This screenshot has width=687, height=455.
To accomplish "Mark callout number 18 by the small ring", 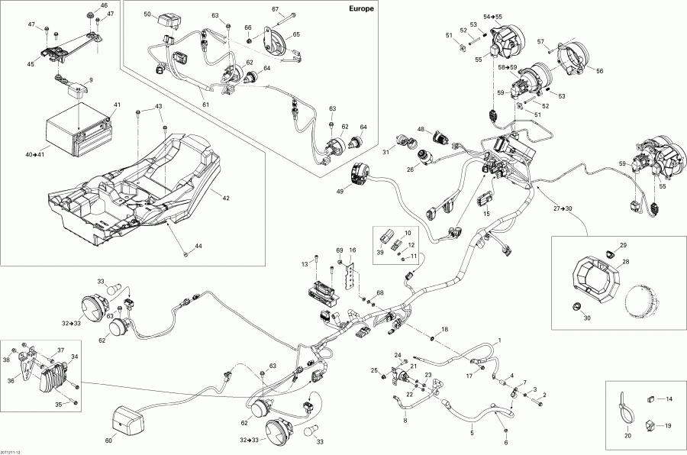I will coord(446,328).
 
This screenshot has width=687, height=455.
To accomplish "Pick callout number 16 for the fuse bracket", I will coord(352,250).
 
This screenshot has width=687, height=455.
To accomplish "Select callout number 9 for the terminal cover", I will coord(91,80).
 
